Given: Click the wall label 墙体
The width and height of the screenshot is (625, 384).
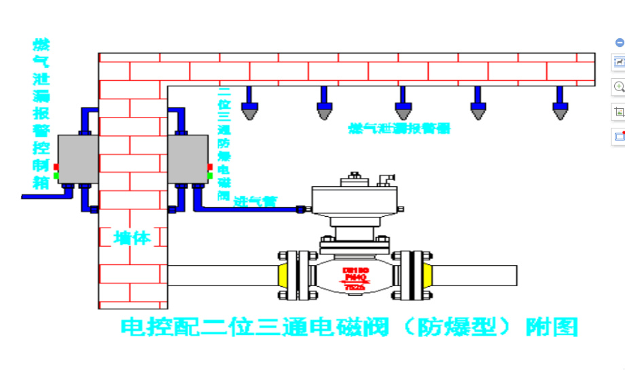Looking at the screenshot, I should click(x=132, y=237).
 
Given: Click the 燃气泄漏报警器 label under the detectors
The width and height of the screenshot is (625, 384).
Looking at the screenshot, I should click(x=399, y=128).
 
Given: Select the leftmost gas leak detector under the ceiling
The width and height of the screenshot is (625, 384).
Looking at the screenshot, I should click(x=251, y=105).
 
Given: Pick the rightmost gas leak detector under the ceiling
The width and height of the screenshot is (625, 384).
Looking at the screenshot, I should click(x=560, y=105).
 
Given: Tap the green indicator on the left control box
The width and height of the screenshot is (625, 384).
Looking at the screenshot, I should click(x=56, y=176).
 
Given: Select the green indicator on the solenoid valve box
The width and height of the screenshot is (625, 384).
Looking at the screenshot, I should click(x=210, y=176).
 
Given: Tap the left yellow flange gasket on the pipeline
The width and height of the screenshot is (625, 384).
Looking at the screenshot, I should click(x=281, y=276).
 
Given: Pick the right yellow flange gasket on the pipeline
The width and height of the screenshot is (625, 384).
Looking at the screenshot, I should click(x=428, y=276).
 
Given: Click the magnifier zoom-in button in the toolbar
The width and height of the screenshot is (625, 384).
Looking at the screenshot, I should click(x=619, y=86).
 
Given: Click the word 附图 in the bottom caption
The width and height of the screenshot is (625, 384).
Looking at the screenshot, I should click(x=552, y=327).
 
